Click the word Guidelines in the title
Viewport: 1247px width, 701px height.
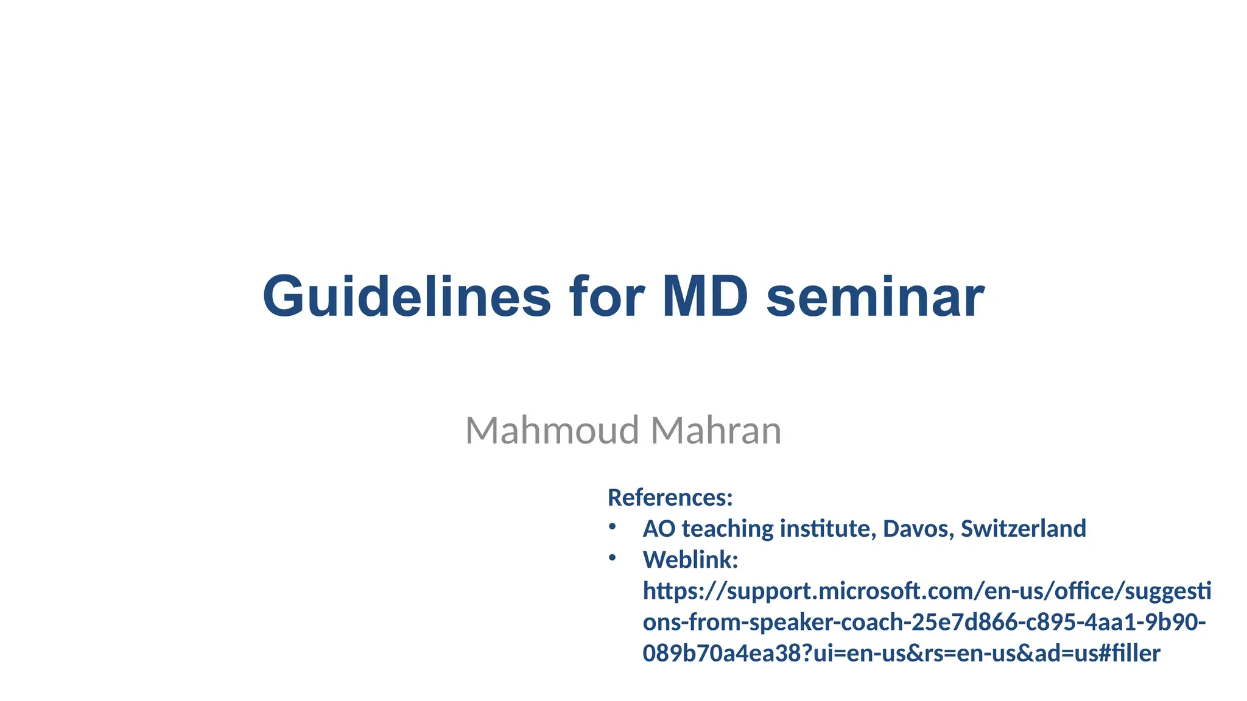(x=407, y=297)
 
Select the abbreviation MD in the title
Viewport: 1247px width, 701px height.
(x=705, y=297)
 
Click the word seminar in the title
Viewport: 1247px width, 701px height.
(x=875, y=297)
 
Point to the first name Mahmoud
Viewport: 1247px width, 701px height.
(x=552, y=430)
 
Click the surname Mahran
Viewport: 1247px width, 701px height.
(x=715, y=430)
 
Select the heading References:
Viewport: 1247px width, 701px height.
(x=670, y=498)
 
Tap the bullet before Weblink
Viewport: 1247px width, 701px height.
(x=612, y=557)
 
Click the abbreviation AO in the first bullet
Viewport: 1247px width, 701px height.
(x=659, y=529)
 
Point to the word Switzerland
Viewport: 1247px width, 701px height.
(x=1023, y=529)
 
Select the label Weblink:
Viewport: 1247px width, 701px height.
(x=690, y=560)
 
